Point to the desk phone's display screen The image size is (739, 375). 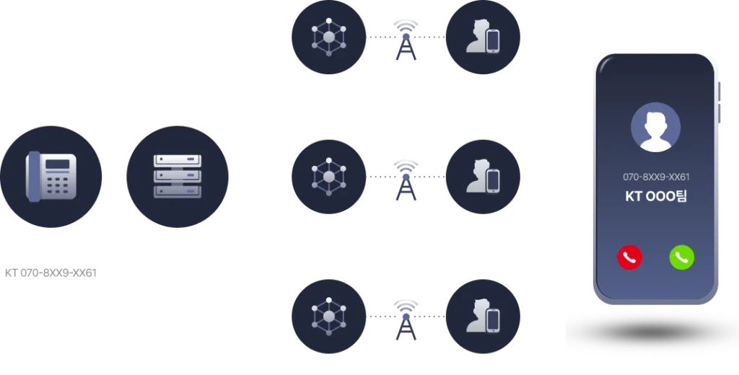pyautogui.click(x=58, y=164)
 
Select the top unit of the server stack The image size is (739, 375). pyautogui.click(x=178, y=161)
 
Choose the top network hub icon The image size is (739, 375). pyautogui.click(x=328, y=37)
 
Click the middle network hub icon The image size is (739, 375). pyautogui.click(x=328, y=175)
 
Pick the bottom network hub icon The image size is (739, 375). pyautogui.click(x=328, y=315)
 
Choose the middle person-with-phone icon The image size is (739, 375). pyautogui.click(x=483, y=177)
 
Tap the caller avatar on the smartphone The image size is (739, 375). pyautogui.click(x=655, y=127)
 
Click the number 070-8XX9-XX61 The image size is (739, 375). pyautogui.click(x=655, y=177)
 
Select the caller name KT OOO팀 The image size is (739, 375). pyautogui.click(x=655, y=195)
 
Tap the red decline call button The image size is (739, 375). pyautogui.click(x=629, y=257)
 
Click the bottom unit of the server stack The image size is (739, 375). pyautogui.click(x=178, y=191)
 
